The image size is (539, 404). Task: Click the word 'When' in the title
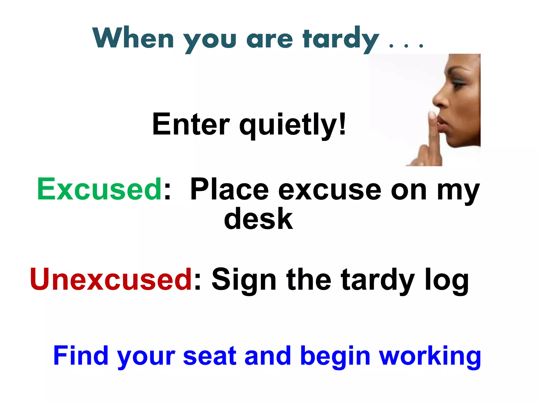[x=133, y=38]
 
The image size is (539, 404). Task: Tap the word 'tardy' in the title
[x=341, y=39]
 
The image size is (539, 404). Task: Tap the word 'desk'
[x=258, y=219]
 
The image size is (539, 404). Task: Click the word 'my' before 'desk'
[x=458, y=191]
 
